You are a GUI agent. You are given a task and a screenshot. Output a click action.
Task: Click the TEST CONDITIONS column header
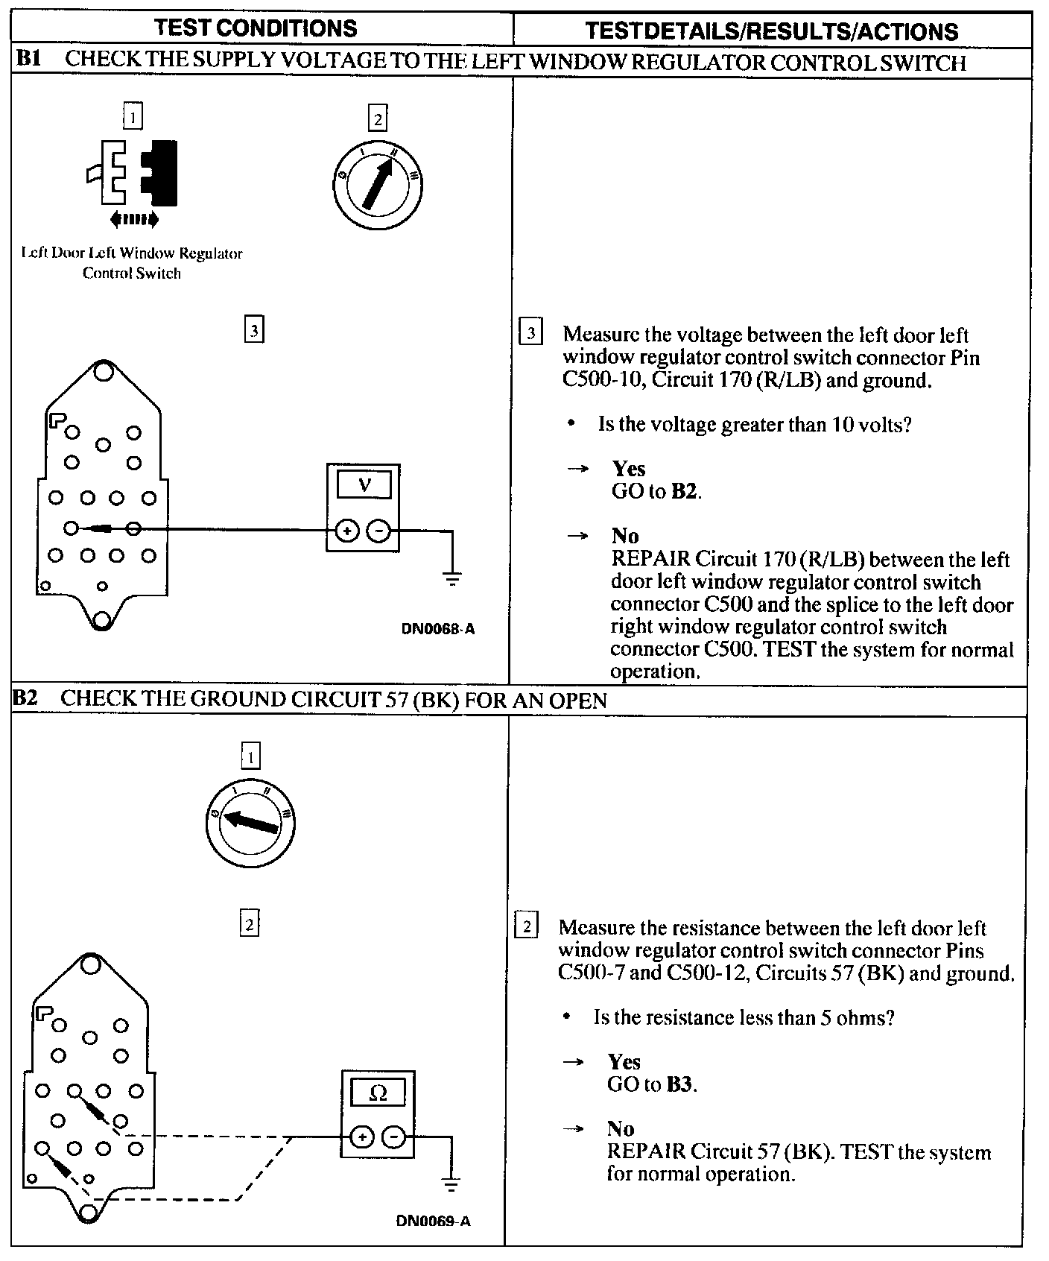pyautogui.click(x=256, y=28)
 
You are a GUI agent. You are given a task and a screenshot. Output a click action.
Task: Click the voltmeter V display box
pyautogui.click(x=364, y=485)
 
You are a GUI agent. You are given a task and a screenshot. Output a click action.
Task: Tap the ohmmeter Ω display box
pyautogui.click(x=378, y=1093)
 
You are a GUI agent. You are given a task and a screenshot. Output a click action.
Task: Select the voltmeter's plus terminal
pyautogui.click(x=346, y=531)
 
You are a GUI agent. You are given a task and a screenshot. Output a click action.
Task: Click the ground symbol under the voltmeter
pyautogui.click(x=451, y=578)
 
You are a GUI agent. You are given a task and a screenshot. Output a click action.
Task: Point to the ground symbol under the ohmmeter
pyautogui.click(x=449, y=1183)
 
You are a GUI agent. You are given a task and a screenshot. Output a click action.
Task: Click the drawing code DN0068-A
pyautogui.click(x=438, y=628)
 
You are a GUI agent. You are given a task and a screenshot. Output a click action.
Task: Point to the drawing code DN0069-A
pyautogui.click(x=433, y=1222)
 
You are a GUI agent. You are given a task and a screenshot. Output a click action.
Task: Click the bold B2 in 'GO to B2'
pyautogui.click(x=684, y=492)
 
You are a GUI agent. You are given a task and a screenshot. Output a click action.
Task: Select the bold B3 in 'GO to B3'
pyautogui.click(x=679, y=1084)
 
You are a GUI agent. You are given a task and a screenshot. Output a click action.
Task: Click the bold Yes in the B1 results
pyautogui.click(x=629, y=469)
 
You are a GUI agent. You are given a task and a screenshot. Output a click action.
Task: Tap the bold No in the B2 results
pyautogui.click(x=621, y=1129)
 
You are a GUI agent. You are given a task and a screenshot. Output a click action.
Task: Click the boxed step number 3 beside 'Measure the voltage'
pyautogui.click(x=530, y=332)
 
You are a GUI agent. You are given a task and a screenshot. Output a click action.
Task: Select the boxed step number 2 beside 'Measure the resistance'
pyautogui.click(x=526, y=926)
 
